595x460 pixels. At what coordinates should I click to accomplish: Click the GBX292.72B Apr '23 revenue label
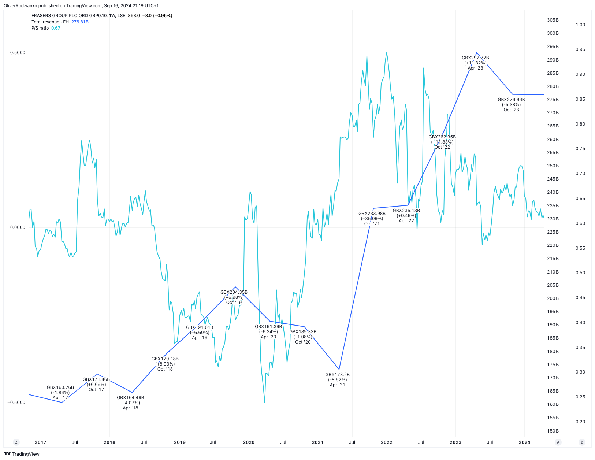click(475, 63)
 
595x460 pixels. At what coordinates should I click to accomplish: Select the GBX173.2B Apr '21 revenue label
click(337, 380)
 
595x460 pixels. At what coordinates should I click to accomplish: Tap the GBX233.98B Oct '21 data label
click(372, 219)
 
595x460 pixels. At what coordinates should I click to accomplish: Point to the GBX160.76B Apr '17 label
click(60, 393)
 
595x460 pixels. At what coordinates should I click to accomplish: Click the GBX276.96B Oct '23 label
click(511, 105)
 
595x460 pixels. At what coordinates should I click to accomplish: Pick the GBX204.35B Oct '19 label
click(234, 297)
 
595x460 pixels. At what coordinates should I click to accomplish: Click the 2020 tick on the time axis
click(249, 442)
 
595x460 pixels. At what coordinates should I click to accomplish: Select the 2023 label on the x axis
click(455, 442)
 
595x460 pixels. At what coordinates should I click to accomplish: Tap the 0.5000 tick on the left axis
click(18, 53)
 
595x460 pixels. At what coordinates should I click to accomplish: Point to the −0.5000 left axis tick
click(16, 402)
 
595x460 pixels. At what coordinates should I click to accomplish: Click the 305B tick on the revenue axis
click(553, 20)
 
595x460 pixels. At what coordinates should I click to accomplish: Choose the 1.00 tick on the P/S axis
click(580, 25)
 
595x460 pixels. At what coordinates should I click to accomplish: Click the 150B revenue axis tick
click(553, 431)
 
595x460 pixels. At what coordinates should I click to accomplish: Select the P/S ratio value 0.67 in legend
click(56, 28)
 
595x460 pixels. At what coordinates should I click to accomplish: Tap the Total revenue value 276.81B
click(80, 22)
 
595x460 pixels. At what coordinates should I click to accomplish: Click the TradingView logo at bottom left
click(22, 454)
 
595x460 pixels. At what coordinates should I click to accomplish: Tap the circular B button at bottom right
click(582, 442)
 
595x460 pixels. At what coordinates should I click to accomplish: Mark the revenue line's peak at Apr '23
click(476, 53)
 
